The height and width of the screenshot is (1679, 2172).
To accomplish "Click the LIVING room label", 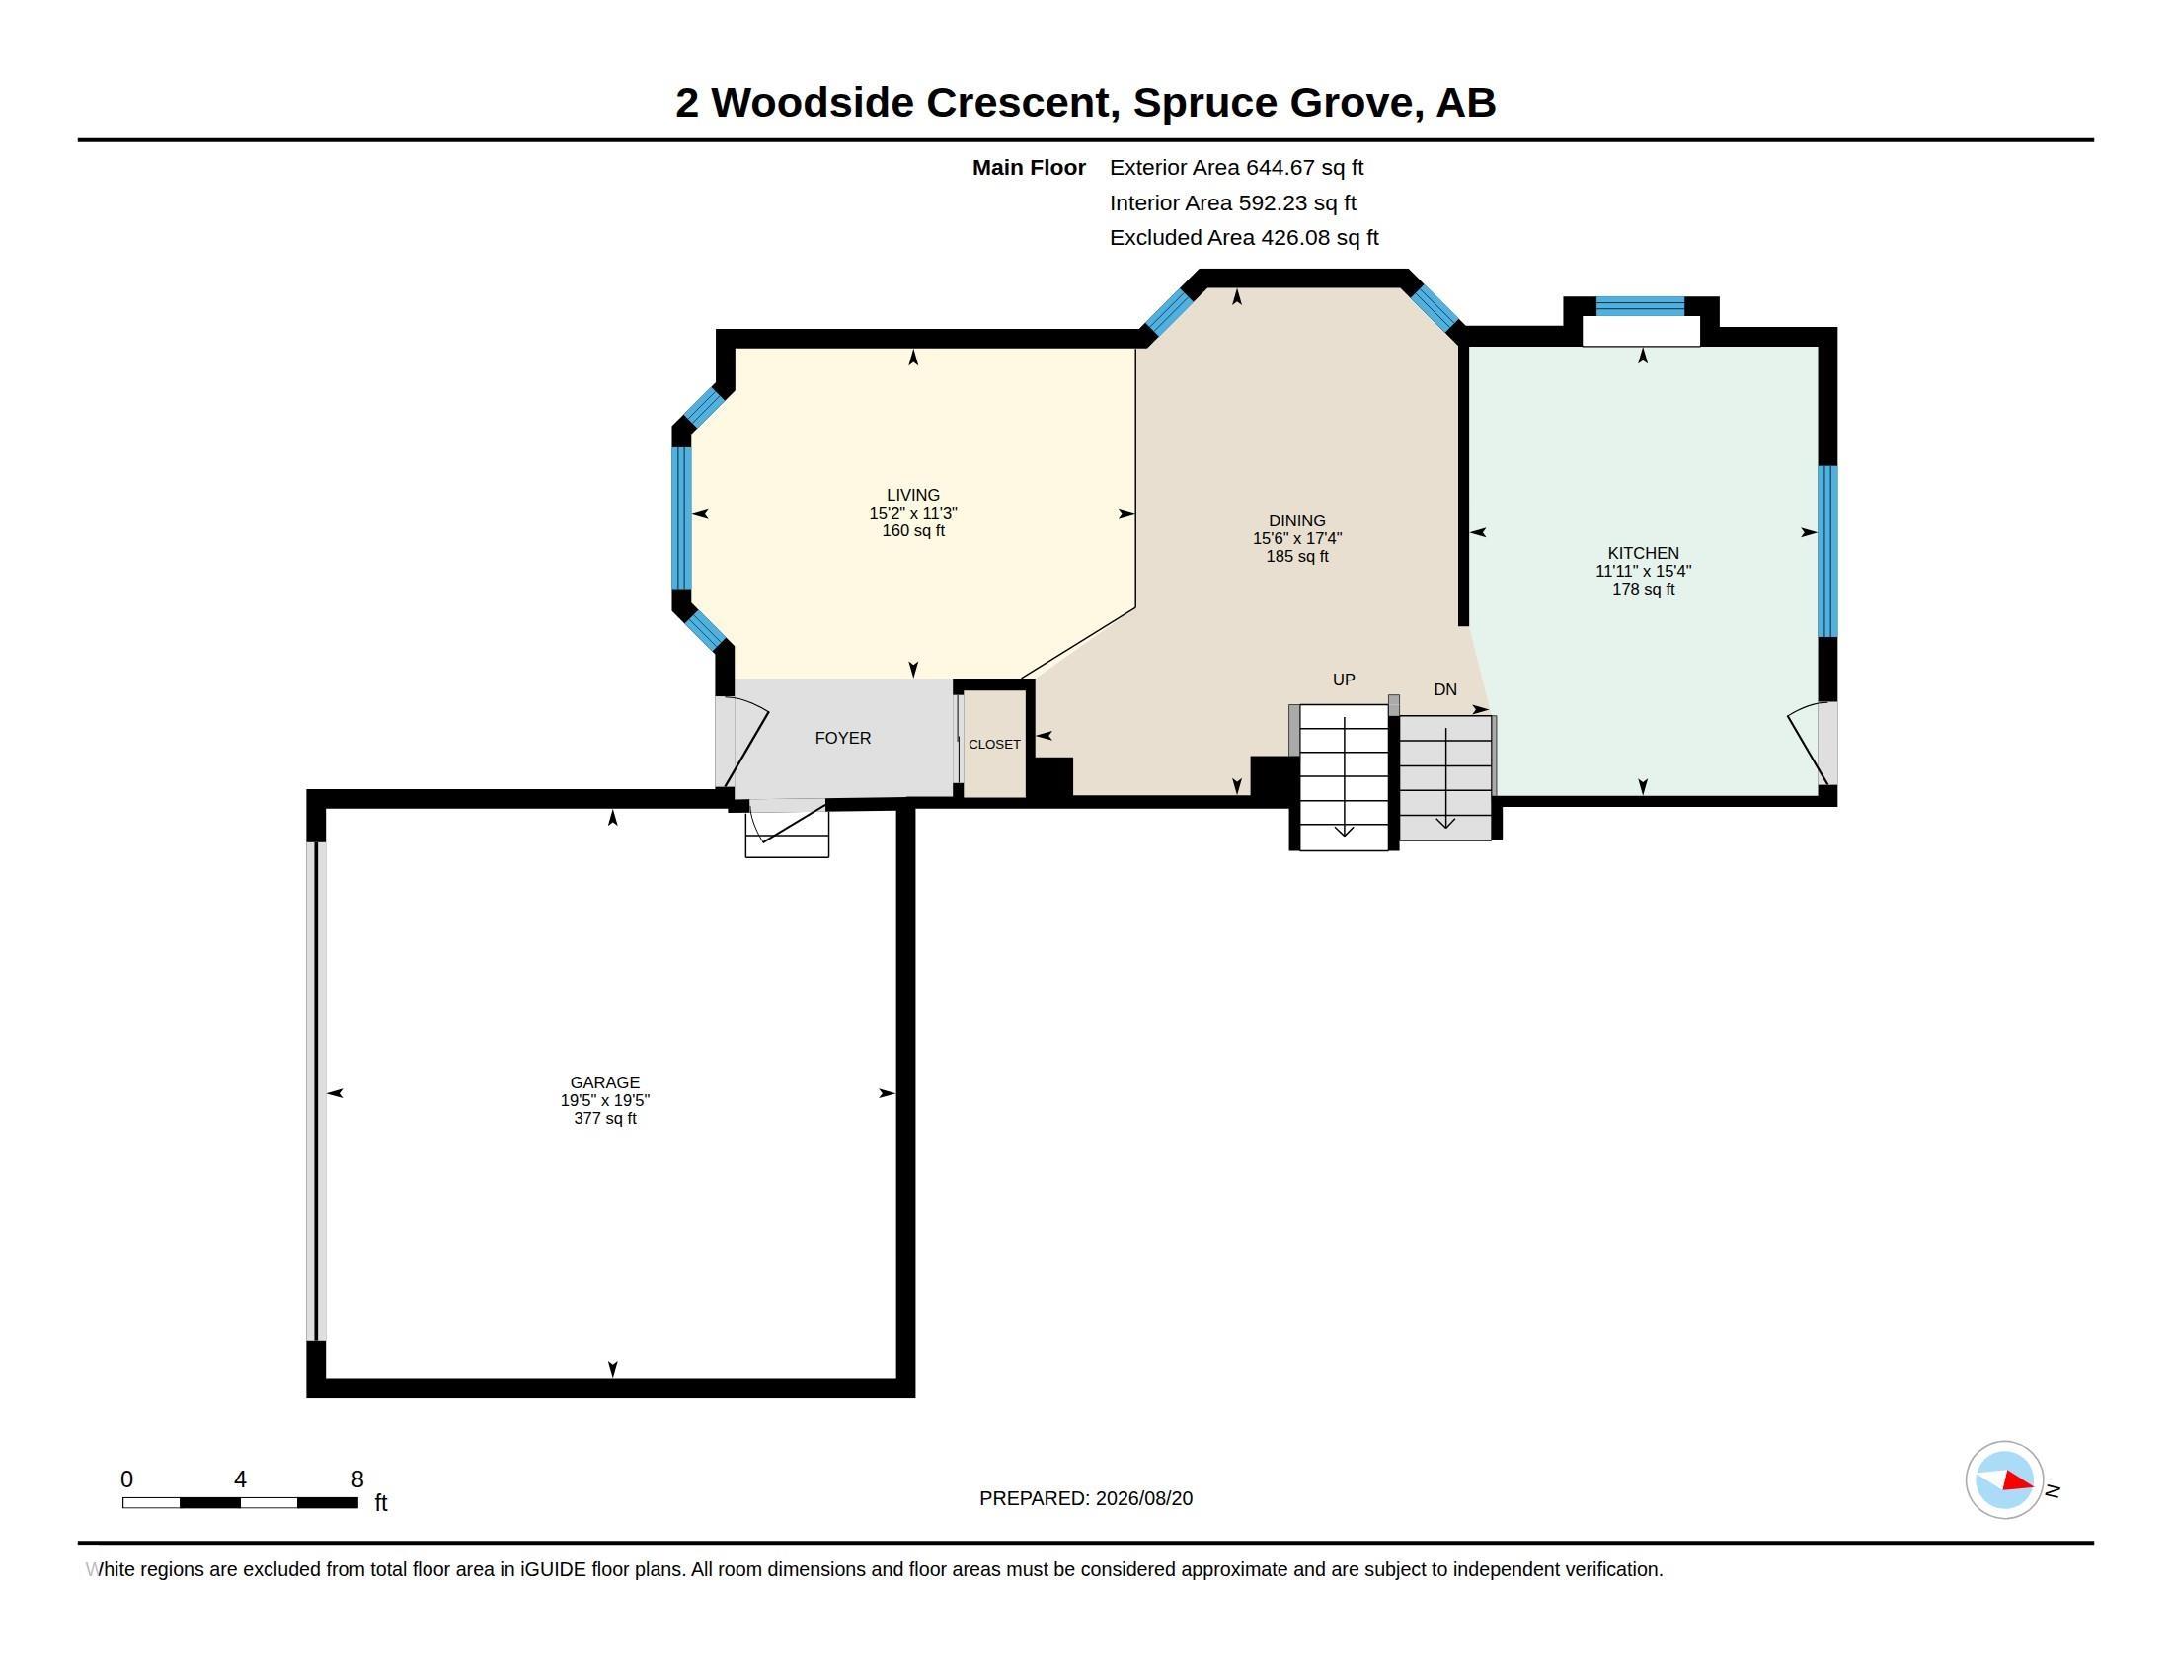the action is pos(913,495).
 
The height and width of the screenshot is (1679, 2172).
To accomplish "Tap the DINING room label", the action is pos(1297,520).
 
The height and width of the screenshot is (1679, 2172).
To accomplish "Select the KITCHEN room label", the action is pos(1643,553).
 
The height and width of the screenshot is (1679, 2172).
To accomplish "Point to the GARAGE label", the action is pos(604,1082).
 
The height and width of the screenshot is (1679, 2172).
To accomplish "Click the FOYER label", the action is pos(842,738).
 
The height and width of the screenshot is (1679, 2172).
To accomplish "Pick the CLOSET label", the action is pos(994,744).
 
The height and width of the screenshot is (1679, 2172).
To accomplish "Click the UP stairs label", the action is pos(1344,680).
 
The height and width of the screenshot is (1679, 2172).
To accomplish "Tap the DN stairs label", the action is pos(1445,689).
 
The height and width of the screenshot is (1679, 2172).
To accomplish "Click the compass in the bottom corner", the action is pos(2004,1480).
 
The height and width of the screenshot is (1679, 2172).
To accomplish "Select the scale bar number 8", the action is pos(357,1479).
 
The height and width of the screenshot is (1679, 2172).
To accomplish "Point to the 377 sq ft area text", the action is pos(604,1118).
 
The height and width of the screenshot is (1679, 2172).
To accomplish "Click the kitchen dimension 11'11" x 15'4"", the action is pos(1643,571).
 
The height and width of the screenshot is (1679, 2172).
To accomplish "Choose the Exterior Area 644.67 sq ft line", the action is pos(1236,167).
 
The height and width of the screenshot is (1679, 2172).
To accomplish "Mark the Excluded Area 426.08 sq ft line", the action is pos(1244,238).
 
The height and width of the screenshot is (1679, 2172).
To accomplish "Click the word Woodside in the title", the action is pos(813,103).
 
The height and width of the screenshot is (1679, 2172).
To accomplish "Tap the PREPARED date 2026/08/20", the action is pos(1143,1498).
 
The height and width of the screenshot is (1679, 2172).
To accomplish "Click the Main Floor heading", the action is pos(1029,167).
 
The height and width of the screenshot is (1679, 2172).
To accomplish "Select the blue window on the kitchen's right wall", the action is pos(1827,551).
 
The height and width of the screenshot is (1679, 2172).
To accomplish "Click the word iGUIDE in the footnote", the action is pos(553,1569).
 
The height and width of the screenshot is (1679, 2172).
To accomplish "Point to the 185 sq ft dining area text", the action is pos(1297,556).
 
